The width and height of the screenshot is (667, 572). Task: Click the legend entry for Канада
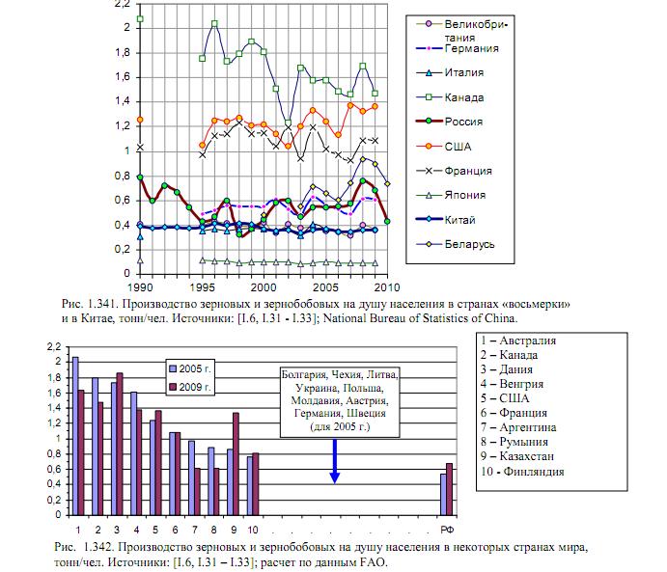pyautogui.click(x=450, y=97)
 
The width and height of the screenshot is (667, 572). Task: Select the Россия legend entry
pyautogui.click(x=449, y=122)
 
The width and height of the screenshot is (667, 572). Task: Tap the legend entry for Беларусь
pyautogui.click(x=456, y=244)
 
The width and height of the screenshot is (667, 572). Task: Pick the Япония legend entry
pyautogui.click(x=451, y=195)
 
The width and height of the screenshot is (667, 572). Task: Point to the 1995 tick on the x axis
pyautogui.click(x=202, y=287)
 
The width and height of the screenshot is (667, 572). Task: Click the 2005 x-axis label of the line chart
pyautogui.click(x=326, y=287)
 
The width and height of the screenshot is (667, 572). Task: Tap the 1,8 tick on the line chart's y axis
pyautogui.click(x=123, y=53)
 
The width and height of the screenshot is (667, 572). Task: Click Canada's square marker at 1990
pyautogui.click(x=140, y=19)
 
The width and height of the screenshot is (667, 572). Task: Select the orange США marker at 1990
pyautogui.click(x=140, y=120)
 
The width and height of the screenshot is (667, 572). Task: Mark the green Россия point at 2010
pyautogui.click(x=387, y=222)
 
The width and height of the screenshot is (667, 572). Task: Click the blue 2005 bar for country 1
pyautogui.click(x=75, y=436)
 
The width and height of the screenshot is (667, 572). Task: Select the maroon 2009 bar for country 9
pyautogui.click(x=236, y=464)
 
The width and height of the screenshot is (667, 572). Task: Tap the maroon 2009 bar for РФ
pyautogui.click(x=449, y=490)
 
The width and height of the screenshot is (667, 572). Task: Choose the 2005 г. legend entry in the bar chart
pyautogui.click(x=190, y=368)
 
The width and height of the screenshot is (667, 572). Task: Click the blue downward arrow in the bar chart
pyautogui.click(x=335, y=461)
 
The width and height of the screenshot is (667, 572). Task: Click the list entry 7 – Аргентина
pyautogui.click(x=518, y=427)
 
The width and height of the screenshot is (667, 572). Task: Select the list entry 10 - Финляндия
pyautogui.click(x=522, y=472)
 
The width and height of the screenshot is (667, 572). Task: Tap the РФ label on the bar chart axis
pyautogui.click(x=447, y=530)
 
